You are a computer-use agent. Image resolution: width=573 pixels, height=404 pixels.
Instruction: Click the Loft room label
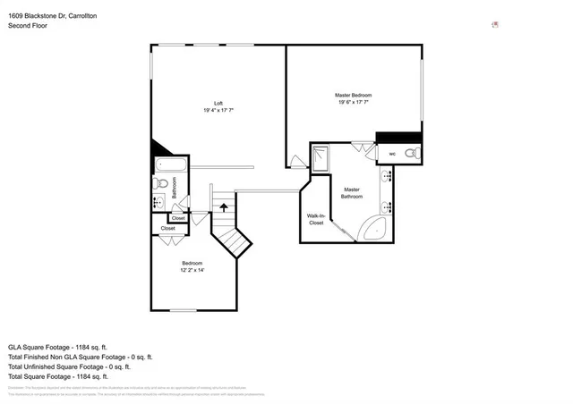(x=218, y=103)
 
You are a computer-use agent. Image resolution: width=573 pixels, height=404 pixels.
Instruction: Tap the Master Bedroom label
(x=353, y=95)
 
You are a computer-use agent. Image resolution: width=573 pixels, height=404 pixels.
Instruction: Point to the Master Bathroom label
(x=351, y=192)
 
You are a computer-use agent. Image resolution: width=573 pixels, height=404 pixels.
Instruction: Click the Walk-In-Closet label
(x=316, y=219)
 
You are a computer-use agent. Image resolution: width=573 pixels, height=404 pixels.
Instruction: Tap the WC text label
(x=392, y=154)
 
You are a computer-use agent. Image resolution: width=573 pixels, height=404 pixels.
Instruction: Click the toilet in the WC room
(x=410, y=154)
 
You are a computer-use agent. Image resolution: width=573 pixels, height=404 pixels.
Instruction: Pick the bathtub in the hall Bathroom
(x=168, y=165)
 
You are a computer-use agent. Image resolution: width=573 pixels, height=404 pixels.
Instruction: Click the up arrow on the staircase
(x=223, y=209)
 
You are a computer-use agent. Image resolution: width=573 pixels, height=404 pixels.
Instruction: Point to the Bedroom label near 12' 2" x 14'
(x=192, y=263)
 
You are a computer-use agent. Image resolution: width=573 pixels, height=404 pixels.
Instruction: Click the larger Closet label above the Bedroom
(x=168, y=229)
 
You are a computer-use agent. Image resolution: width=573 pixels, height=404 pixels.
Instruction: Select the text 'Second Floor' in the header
(x=28, y=26)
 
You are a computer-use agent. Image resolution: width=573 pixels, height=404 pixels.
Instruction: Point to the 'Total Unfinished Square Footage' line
(x=70, y=366)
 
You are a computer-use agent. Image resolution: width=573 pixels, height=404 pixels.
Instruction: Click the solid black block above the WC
(x=398, y=137)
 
